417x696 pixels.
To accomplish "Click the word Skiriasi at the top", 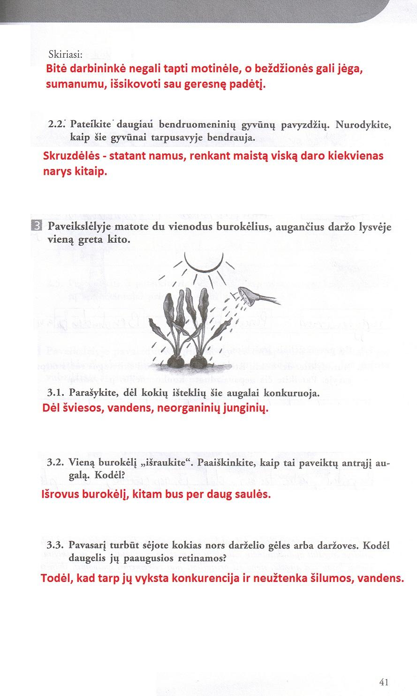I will point(66,54).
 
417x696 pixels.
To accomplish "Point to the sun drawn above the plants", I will point(204,262).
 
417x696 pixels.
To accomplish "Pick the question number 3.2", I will point(57,462).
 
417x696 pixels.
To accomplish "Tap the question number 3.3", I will point(57,546).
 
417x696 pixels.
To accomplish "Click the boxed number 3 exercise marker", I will point(37,226).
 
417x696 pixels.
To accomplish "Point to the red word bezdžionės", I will point(280,69).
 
